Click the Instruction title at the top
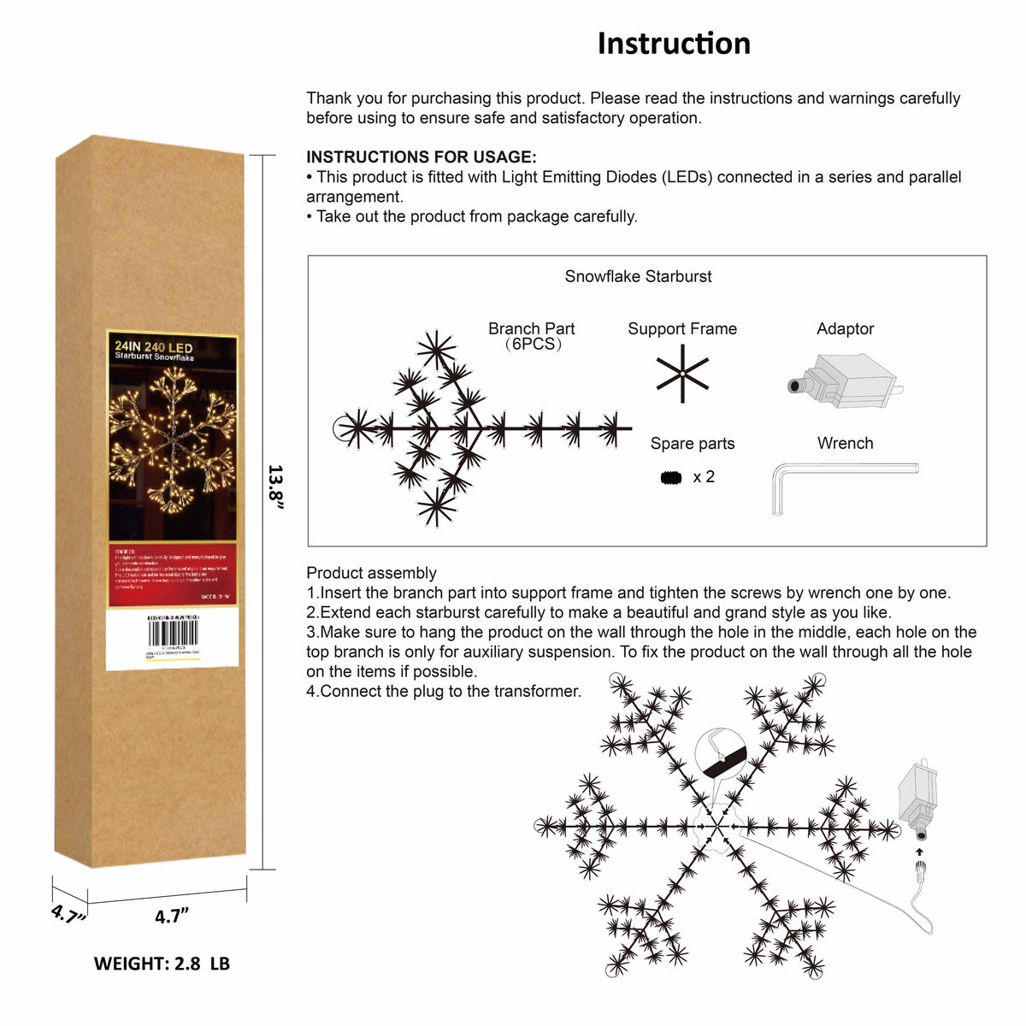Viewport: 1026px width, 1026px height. pyautogui.click(x=674, y=44)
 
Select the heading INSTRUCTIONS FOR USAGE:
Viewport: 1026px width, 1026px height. pyautogui.click(x=422, y=157)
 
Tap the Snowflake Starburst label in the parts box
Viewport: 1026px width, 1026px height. pyautogui.click(x=638, y=276)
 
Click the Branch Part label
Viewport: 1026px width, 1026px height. pyautogui.click(x=531, y=329)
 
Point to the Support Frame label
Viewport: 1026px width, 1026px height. pyautogui.click(x=681, y=329)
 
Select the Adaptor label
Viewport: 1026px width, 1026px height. pyautogui.click(x=845, y=329)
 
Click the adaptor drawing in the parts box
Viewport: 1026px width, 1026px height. pyautogui.click(x=843, y=381)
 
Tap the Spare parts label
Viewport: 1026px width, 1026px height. pyautogui.click(x=692, y=444)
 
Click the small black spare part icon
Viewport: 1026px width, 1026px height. pyautogui.click(x=671, y=477)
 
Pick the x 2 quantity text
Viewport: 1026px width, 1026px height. pyautogui.click(x=704, y=477)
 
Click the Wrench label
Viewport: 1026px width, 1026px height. pyautogui.click(x=845, y=444)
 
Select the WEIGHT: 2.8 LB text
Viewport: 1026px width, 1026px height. pyautogui.click(x=162, y=964)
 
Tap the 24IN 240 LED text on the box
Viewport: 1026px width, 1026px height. pyautogui.click(x=154, y=346)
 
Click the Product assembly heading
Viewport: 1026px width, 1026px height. pyautogui.click(x=371, y=573)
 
